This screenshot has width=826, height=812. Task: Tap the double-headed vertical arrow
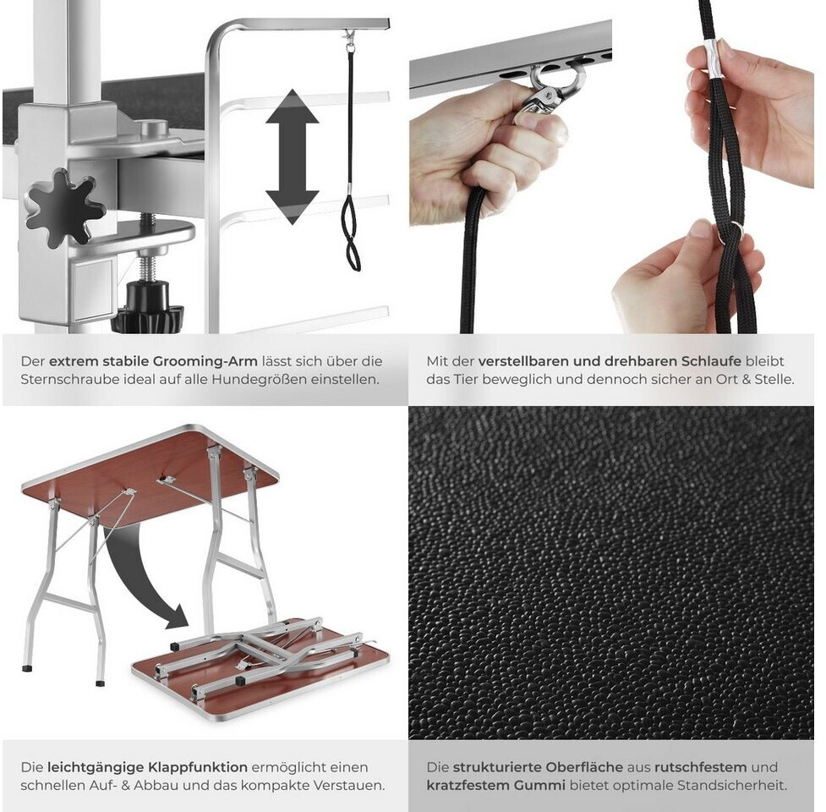pyautogui.click(x=292, y=157)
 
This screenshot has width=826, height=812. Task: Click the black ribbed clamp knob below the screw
pyautogui.click(x=148, y=307)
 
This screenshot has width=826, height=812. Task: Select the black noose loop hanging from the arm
pyautogui.click(x=350, y=233)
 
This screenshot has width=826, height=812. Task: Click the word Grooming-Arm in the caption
pyautogui.click(x=205, y=362)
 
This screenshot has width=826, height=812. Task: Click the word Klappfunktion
pyautogui.click(x=197, y=768)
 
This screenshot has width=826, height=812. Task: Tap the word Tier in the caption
pyautogui.click(x=464, y=380)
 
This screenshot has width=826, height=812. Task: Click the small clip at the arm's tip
pyautogui.click(x=348, y=36)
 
